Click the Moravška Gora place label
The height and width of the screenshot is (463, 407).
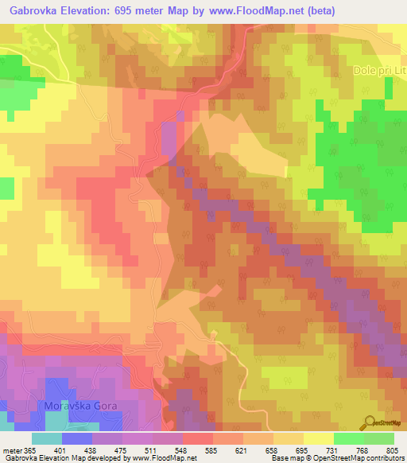[x=81, y=406]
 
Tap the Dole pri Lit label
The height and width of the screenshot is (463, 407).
[x=379, y=71]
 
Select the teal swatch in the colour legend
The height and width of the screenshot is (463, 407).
[x=47, y=438]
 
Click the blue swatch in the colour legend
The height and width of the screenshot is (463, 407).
[x=77, y=438]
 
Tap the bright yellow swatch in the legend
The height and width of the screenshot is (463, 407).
[x=319, y=438]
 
